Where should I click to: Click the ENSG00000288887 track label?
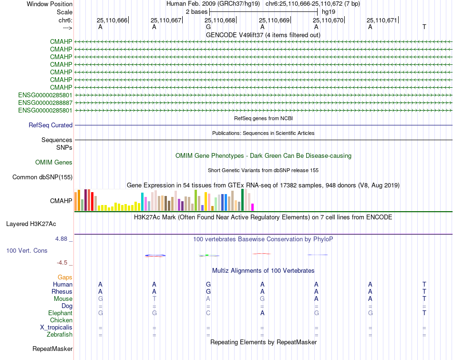45,103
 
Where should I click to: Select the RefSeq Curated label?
51,125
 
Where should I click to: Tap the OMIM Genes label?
54,163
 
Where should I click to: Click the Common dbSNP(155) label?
42,177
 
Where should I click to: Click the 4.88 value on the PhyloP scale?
62,239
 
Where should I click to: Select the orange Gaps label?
65,277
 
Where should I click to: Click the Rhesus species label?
62,291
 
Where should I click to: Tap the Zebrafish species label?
60,335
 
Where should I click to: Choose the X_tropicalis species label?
56,328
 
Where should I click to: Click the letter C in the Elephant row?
208,313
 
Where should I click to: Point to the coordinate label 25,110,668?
220,21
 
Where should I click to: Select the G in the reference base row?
208,27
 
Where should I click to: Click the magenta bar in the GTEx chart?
253,207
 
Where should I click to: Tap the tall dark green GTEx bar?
242,200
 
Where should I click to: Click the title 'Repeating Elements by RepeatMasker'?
263,342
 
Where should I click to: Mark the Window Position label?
50,4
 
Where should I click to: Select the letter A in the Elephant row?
262,313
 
